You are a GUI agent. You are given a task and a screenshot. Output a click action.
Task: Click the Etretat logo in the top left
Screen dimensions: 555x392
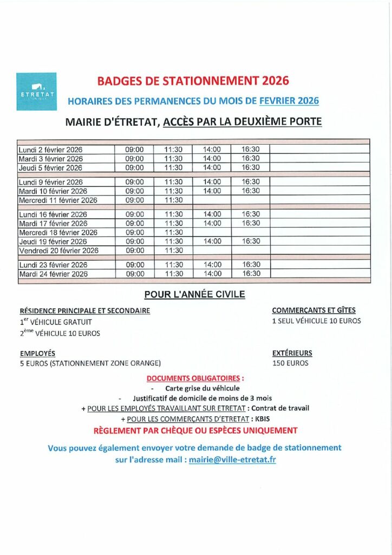36,91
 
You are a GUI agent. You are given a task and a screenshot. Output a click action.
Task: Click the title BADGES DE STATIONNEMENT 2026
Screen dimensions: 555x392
193,81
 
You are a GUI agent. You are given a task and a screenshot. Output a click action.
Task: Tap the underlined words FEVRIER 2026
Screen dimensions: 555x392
289,101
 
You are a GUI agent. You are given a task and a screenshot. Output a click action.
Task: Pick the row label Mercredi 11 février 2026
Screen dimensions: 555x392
58,200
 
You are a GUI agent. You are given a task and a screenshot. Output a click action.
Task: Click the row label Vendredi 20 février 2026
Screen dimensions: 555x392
58,250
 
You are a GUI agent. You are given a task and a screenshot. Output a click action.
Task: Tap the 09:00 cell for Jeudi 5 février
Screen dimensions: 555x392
134,167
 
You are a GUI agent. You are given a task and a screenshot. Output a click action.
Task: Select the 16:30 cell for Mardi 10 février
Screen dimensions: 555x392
251,191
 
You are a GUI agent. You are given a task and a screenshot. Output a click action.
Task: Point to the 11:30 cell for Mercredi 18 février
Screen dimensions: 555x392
173,233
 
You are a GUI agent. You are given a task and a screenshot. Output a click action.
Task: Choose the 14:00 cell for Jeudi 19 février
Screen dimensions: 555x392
212,241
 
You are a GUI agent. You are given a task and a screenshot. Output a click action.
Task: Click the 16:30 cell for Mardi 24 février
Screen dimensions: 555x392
251,274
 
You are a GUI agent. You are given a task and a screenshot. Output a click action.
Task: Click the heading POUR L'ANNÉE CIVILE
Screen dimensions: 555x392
194,294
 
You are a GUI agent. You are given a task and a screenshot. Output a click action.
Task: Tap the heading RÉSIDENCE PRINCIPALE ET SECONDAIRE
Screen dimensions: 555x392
85,311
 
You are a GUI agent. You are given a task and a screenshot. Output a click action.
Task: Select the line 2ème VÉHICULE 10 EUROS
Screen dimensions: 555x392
60,333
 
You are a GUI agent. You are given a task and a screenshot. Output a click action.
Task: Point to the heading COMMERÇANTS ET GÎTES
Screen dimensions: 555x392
313,311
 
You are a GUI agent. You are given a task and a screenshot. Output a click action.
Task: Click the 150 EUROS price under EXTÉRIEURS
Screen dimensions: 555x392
290,363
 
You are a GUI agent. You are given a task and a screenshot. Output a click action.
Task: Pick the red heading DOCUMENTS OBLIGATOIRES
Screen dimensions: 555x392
195,378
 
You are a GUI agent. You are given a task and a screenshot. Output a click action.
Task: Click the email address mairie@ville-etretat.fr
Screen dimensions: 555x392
232,459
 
